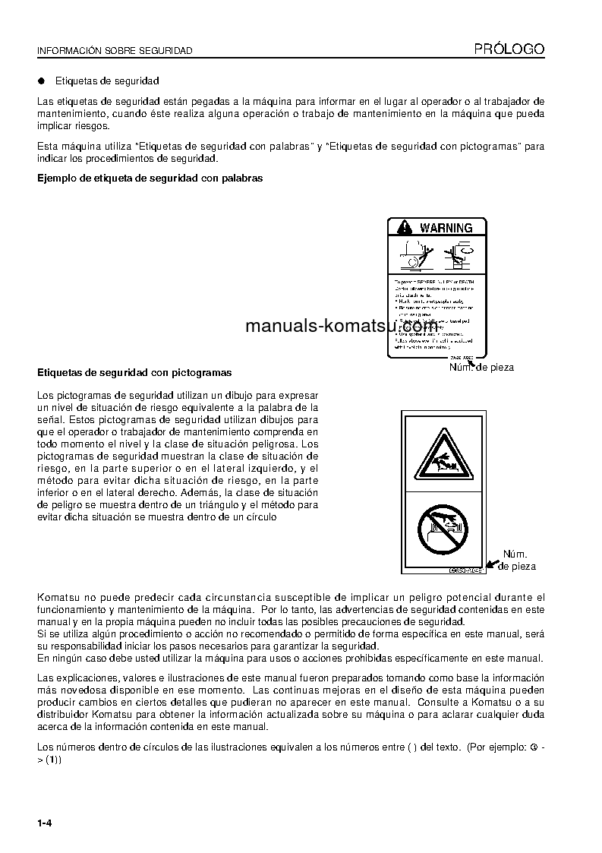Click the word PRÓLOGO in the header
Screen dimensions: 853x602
click(509, 49)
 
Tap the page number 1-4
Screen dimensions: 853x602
click(44, 823)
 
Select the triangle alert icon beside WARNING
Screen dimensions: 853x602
click(405, 228)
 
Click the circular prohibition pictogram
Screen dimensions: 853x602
click(443, 529)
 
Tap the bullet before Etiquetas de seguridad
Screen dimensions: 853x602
click(42, 81)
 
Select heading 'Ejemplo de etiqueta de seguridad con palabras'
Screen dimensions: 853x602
click(150, 178)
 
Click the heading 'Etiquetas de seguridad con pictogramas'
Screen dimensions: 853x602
click(134, 373)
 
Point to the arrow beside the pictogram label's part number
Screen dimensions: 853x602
click(493, 564)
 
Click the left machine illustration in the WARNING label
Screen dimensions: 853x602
click(414, 254)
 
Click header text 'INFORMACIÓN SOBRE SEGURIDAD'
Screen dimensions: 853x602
click(115, 51)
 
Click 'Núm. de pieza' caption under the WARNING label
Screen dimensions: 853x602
click(481, 368)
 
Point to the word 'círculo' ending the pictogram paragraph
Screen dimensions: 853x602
click(259, 517)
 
